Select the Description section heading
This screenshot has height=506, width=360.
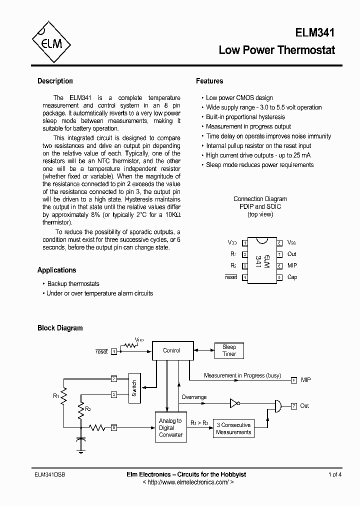[x=55, y=81]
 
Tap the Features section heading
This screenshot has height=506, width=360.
[x=209, y=81]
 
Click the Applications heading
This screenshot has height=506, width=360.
[x=57, y=270]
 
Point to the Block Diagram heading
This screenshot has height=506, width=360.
[x=60, y=328]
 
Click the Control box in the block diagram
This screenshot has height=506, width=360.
[x=171, y=350]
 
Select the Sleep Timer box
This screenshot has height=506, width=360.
[x=229, y=350]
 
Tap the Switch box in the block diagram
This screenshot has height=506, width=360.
[x=134, y=388]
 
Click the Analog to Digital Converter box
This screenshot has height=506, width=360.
[x=170, y=427]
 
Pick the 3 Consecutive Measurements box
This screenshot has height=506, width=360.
[x=233, y=428]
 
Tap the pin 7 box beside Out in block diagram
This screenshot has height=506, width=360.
[x=294, y=405]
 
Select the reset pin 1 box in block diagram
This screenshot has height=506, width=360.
[x=114, y=351]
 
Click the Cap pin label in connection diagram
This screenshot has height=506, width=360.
[x=292, y=277]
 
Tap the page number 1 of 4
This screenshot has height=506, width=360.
[x=334, y=474]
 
